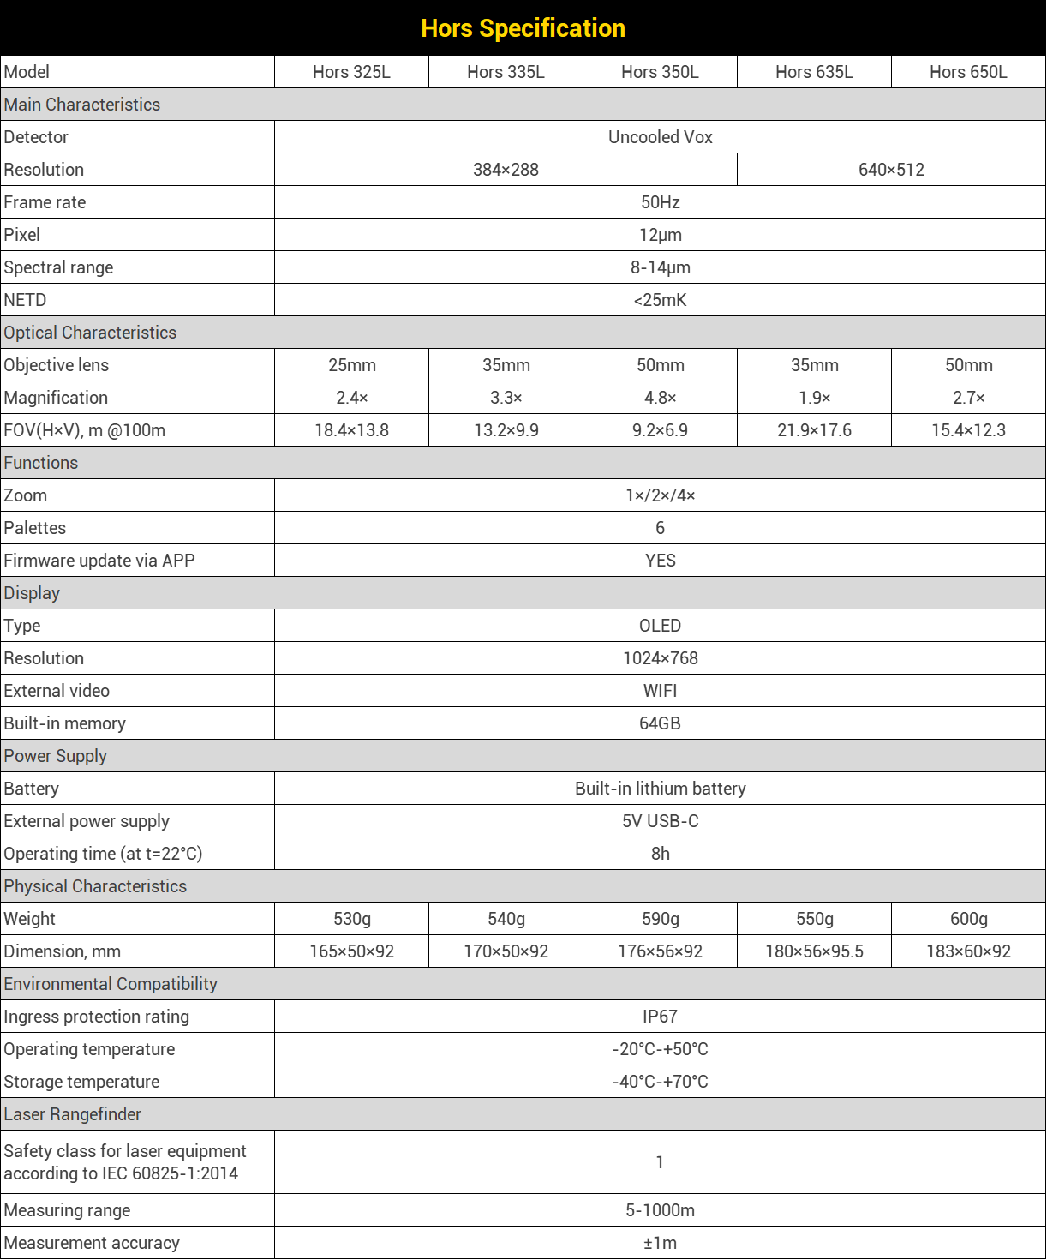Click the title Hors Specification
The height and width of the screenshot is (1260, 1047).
[x=523, y=28]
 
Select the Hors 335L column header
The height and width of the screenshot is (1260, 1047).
[x=506, y=72]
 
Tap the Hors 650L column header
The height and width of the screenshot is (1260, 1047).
[x=968, y=72]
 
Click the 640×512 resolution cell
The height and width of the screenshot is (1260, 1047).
[x=891, y=170]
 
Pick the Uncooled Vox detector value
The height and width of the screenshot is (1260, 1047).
[x=660, y=137]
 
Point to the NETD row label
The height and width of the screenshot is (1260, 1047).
[x=26, y=300]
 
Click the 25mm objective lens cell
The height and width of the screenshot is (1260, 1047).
[x=351, y=365]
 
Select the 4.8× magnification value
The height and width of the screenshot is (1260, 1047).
[x=660, y=398]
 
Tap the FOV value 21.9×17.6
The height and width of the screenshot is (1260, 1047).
[x=814, y=430]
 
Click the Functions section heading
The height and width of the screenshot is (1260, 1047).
[x=41, y=463]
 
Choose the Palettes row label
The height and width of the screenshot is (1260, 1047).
[x=35, y=528]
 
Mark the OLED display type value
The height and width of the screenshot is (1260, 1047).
[x=660, y=626]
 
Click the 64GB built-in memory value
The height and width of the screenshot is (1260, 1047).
[x=660, y=723]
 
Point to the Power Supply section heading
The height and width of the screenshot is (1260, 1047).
[x=56, y=756]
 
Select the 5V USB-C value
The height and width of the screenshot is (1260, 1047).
[x=660, y=821]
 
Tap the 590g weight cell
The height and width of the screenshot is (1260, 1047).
[x=660, y=919]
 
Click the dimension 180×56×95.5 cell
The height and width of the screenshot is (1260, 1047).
[x=814, y=951]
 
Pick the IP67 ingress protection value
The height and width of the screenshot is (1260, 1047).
[x=660, y=1017]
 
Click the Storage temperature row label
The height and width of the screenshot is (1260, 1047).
[x=82, y=1082]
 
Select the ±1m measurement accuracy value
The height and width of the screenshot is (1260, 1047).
[x=660, y=1243]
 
